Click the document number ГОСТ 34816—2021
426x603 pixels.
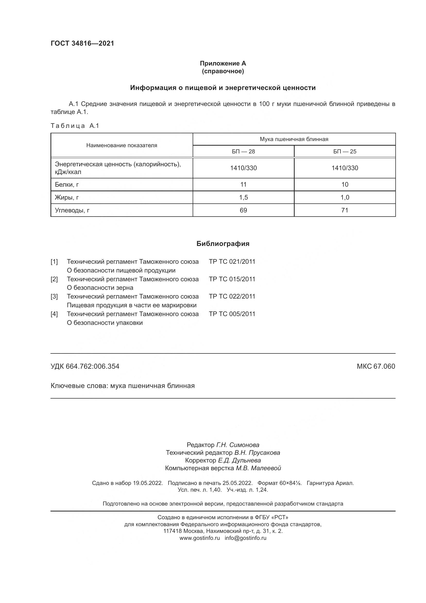[x=82, y=43]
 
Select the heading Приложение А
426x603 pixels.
[x=223, y=63]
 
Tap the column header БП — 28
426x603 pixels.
[x=243, y=152]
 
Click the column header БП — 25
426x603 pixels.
[x=345, y=152]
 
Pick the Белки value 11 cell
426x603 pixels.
[x=243, y=185]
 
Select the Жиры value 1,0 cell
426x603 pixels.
[x=345, y=197]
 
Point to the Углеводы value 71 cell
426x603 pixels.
[x=345, y=210]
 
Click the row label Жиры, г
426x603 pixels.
[x=67, y=197]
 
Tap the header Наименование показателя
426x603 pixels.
[x=122, y=145]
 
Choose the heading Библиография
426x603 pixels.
[x=223, y=244]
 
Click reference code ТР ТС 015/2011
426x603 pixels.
[x=232, y=279]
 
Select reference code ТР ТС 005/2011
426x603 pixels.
[x=232, y=314]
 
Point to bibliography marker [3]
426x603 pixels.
[x=54, y=296]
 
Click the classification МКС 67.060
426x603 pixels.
[x=376, y=366]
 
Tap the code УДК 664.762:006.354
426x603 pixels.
[x=85, y=366]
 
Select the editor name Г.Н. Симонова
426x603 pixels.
[x=237, y=445]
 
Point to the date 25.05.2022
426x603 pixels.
[x=237, y=483]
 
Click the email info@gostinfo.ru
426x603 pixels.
[x=245, y=538]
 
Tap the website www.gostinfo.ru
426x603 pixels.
[x=199, y=538]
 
